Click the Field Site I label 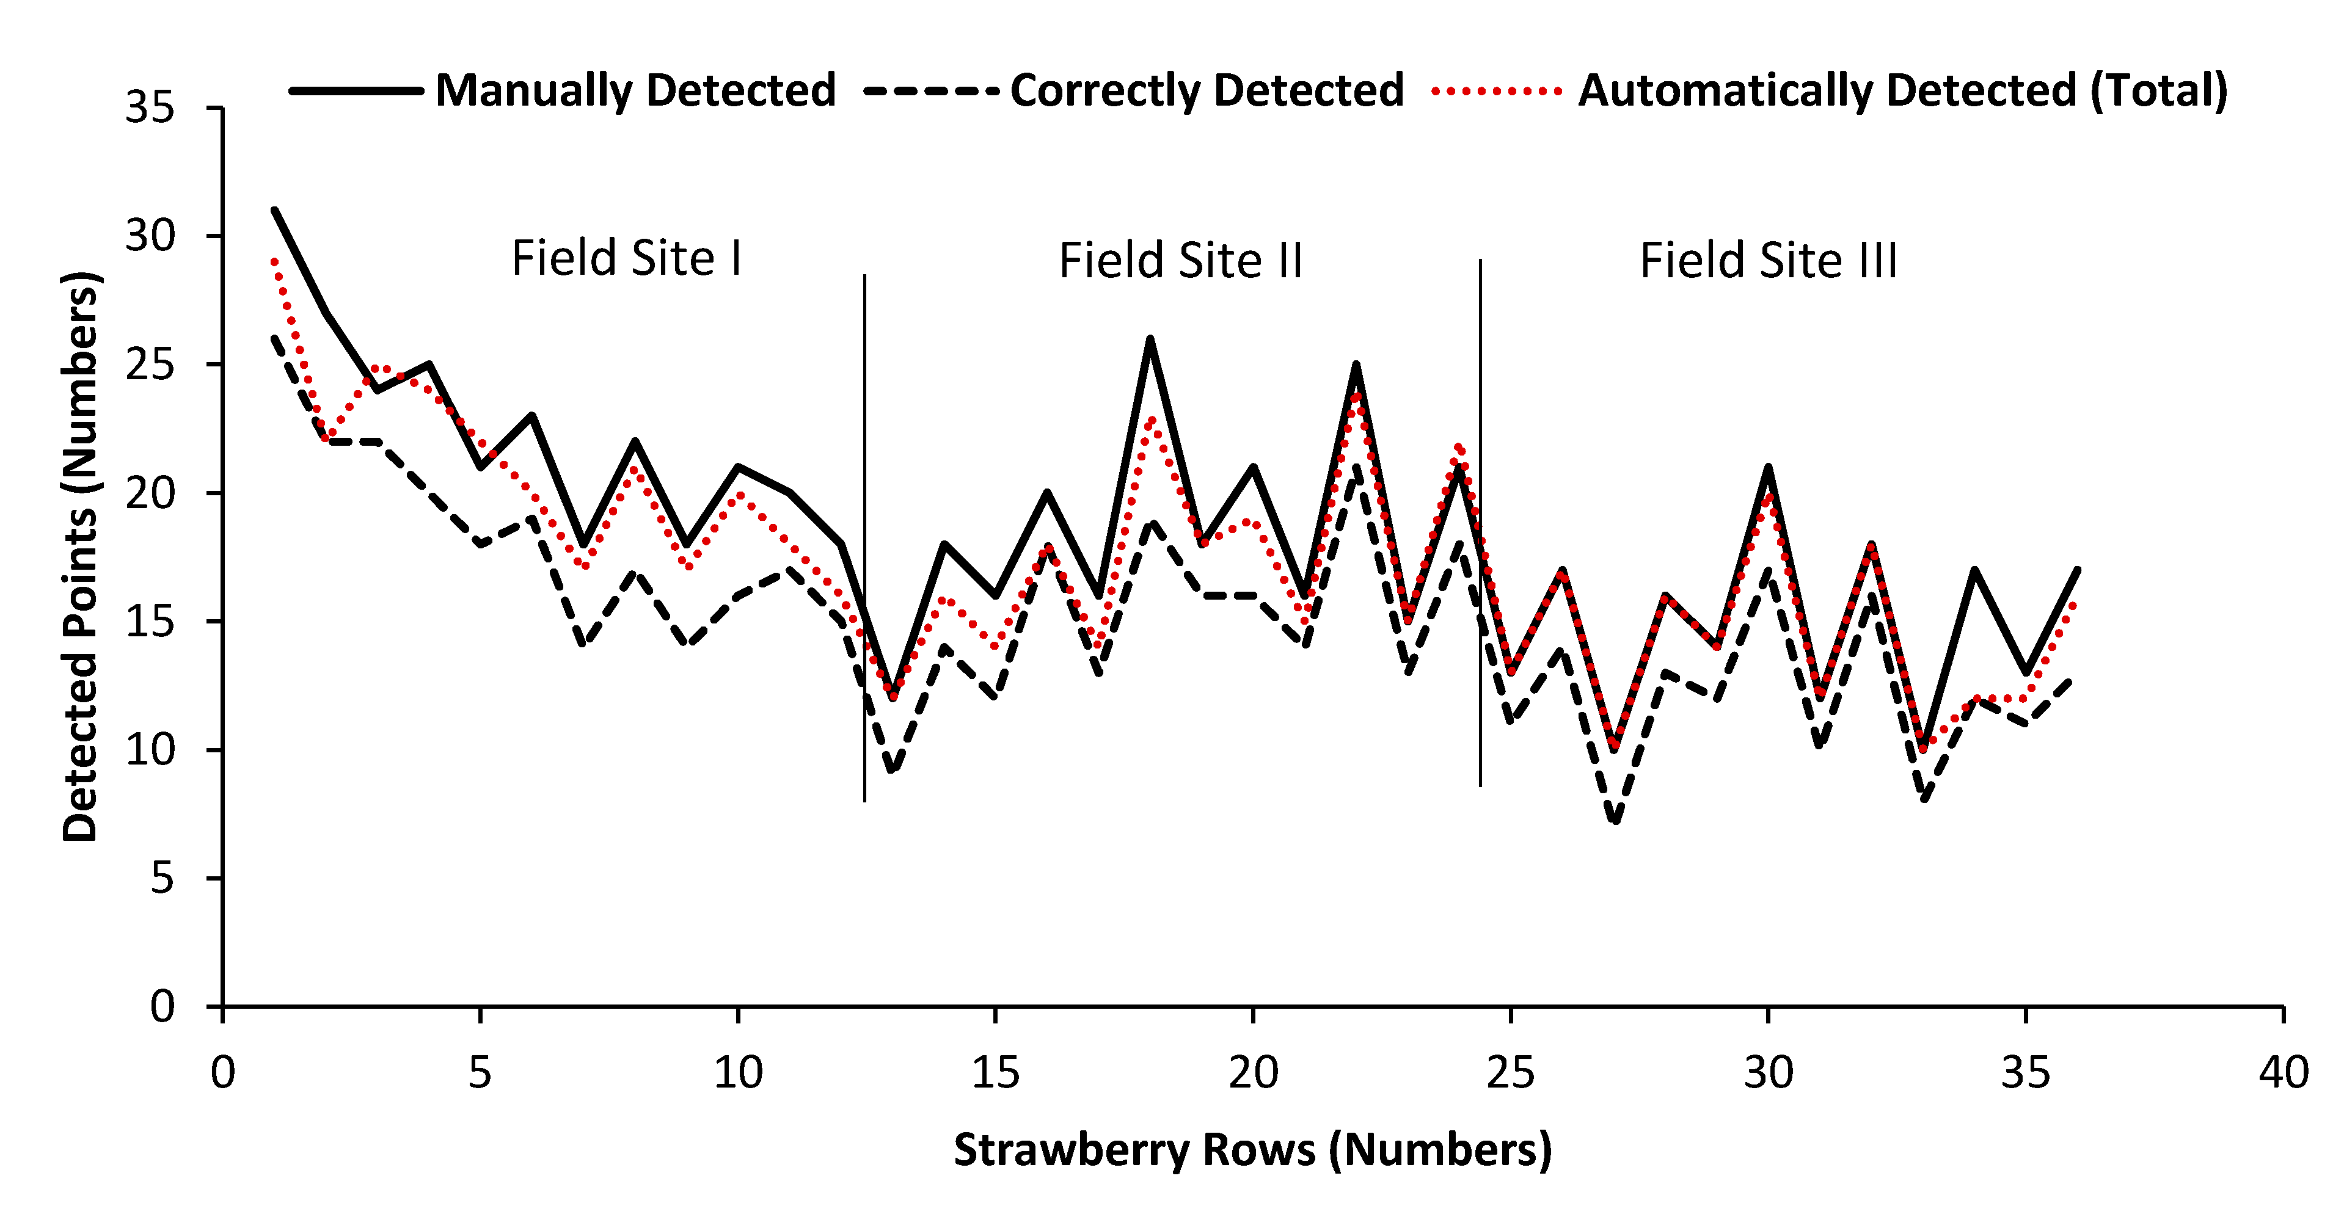(627, 258)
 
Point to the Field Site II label (1180, 261)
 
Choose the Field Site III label (1768, 261)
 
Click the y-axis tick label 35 (150, 107)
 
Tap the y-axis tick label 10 (150, 750)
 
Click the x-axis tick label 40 (2283, 1073)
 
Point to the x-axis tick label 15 (995, 1073)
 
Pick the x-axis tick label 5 (480, 1073)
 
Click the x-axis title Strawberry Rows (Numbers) (1252, 1150)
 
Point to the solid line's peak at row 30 (1768, 467)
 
